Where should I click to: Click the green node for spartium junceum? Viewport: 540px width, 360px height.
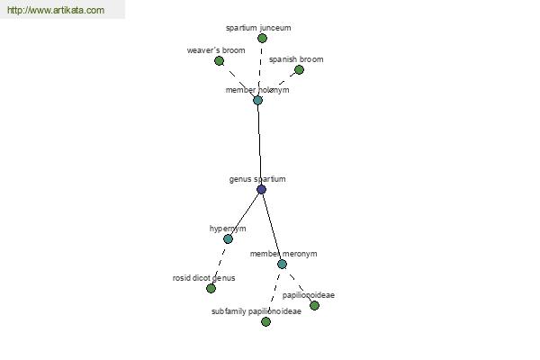pyautogui.click(x=262, y=38)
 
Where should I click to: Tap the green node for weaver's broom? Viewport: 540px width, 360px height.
pyautogui.click(x=219, y=61)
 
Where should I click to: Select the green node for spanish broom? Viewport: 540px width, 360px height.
pyautogui.click(x=299, y=70)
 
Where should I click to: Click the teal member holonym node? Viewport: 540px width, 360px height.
pyautogui.click(x=257, y=100)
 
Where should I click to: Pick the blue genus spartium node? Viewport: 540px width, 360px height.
pyautogui.click(x=261, y=189)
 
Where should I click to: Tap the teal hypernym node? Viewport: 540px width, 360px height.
pyautogui.click(x=228, y=238)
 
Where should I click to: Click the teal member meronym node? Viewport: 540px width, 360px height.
pyautogui.click(x=282, y=265)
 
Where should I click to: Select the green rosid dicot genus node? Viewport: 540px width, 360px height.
pyautogui.click(x=211, y=288)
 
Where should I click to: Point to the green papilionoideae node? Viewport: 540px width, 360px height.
pyautogui.click(x=314, y=306)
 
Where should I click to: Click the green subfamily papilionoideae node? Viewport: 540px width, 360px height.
pyautogui.click(x=265, y=322)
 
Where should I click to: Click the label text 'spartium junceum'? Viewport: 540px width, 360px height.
pyautogui.click(x=258, y=28)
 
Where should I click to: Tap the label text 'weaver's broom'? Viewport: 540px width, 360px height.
pyautogui.click(x=216, y=50)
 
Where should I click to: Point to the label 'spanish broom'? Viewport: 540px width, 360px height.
pyautogui.click(x=296, y=59)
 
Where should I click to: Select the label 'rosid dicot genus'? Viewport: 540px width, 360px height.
pyautogui.click(x=204, y=278)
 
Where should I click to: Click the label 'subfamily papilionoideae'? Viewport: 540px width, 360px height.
pyautogui.click(x=256, y=311)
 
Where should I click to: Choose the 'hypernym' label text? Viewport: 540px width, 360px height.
pyautogui.click(x=228, y=229)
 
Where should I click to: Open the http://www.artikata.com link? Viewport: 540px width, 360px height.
pyautogui.click(x=56, y=10)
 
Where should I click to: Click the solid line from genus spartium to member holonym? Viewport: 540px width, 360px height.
pyautogui.click(x=259, y=145)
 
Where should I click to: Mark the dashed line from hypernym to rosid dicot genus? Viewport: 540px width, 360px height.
pyautogui.click(x=220, y=264)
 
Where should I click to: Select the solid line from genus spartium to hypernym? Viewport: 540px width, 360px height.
pyautogui.click(x=245, y=214)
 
